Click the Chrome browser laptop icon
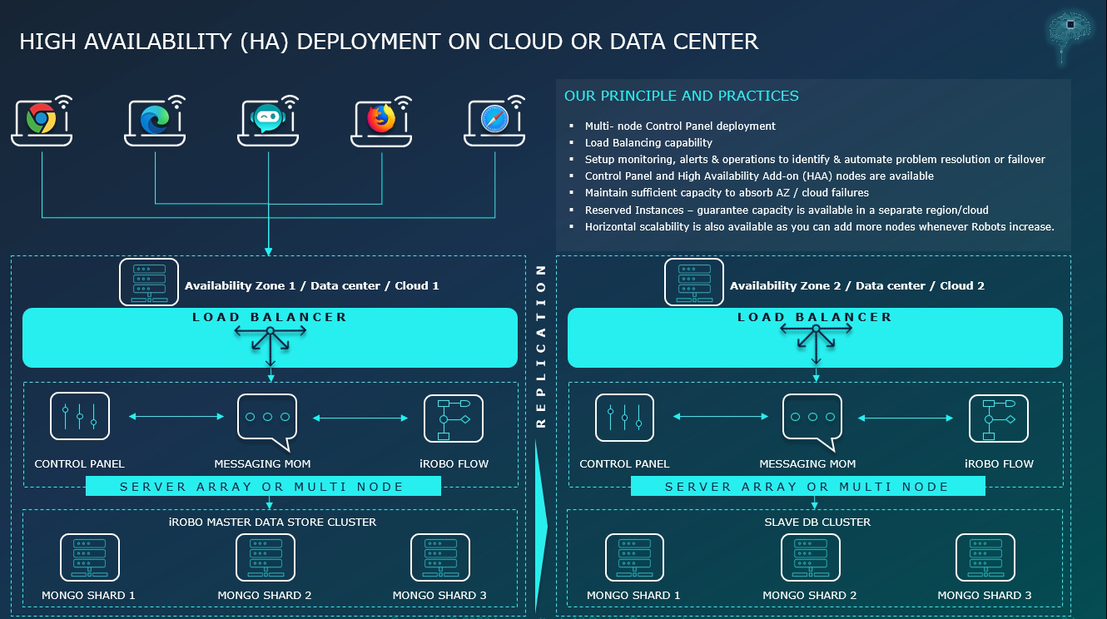(x=41, y=121)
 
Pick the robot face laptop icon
(x=268, y=121)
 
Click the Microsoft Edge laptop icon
(x=155, y=121)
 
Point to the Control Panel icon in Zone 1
(x=80, y=416)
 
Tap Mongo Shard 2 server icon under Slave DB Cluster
(x=810, y=557)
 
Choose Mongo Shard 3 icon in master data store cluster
(x=439, y=557)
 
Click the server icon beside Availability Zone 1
(x=148, y=282)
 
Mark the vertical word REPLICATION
(x=541, y=345)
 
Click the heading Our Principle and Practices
(x=681, y=97)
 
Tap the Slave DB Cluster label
(x=817, y=522)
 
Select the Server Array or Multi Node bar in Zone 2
(x=807, y=487)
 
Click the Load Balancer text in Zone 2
(x=814, y=317)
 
